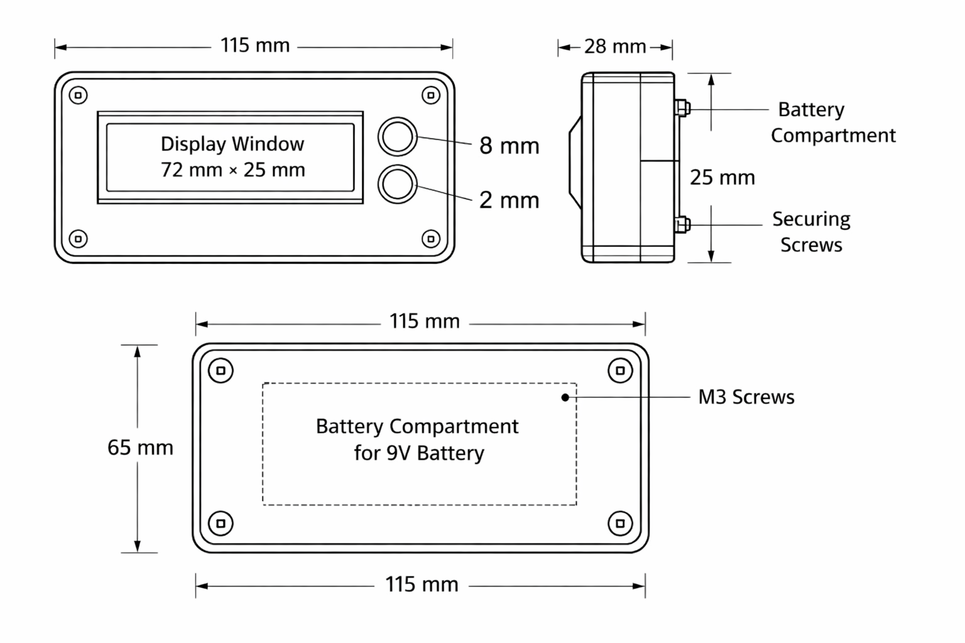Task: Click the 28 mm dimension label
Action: tap(615, 46)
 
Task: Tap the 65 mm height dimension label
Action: tap(141, 448)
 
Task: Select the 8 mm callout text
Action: tap(510, 146)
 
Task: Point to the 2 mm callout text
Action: tap(510, 200)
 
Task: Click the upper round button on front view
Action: tap(397, 137)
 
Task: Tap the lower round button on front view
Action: tap(397, 185)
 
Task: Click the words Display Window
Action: tap(232, 144)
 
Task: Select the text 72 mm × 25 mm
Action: tap(233, 170)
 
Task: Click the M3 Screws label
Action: tap(746, 397)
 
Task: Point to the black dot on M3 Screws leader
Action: tap(565, 397)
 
